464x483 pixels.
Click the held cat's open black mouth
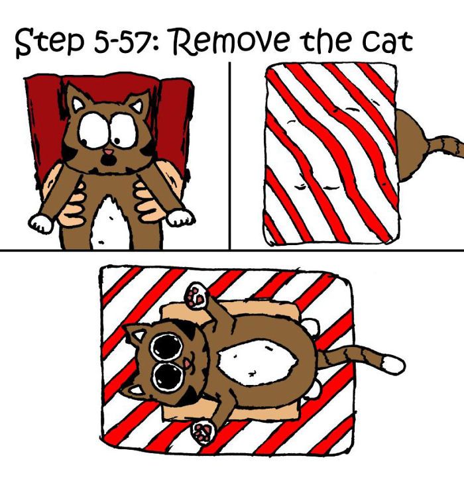[x=107, y=162]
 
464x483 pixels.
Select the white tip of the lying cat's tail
[x=394, y=364]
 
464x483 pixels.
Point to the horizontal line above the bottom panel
[x=232, y=250]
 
